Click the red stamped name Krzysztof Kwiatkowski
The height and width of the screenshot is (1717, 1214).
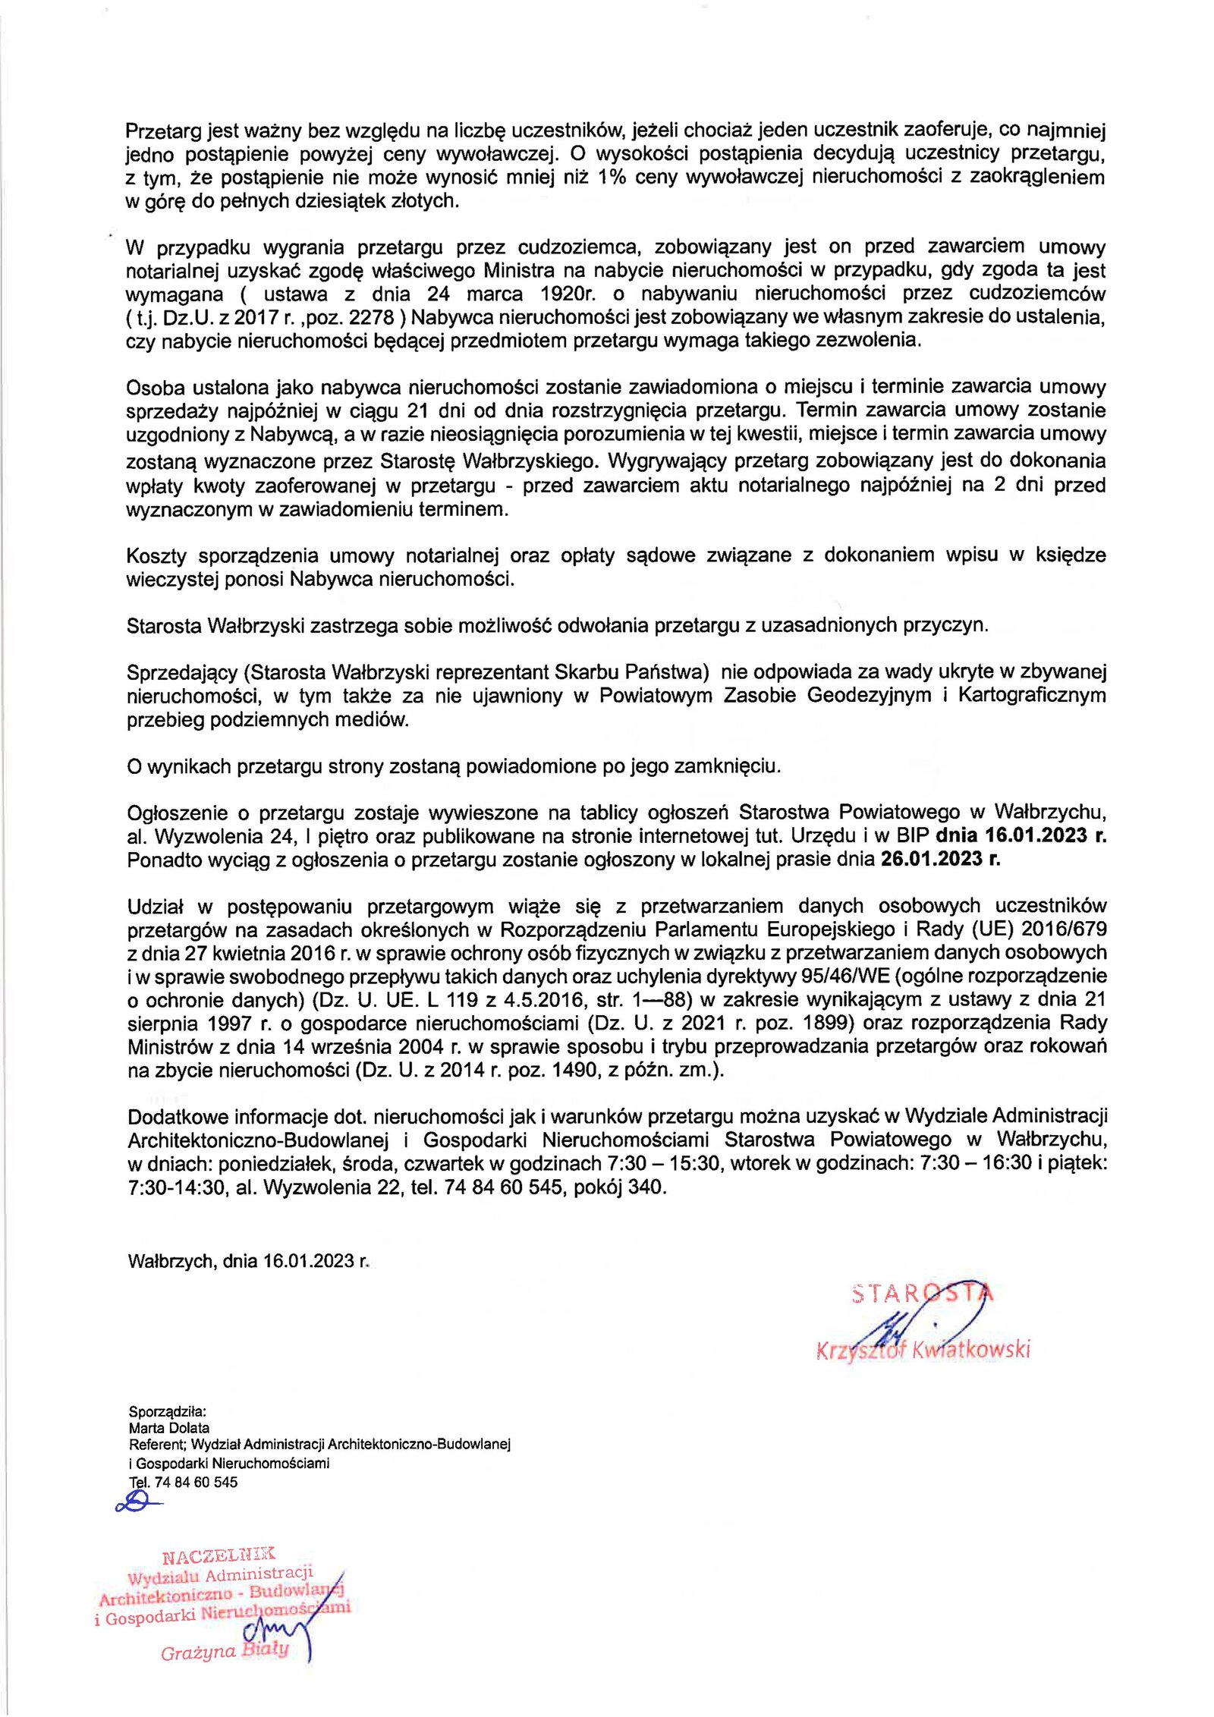923,1350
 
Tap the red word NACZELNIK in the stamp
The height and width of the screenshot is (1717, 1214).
219,1556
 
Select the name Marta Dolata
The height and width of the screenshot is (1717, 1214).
168,1427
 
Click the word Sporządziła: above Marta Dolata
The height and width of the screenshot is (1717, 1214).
167,1411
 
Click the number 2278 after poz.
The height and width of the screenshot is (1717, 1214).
371,317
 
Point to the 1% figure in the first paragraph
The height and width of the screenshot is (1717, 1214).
612,178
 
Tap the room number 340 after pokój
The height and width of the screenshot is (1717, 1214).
646,1187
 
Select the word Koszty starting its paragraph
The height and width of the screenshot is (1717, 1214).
156,556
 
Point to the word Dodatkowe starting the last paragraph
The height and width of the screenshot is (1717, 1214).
176,1117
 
